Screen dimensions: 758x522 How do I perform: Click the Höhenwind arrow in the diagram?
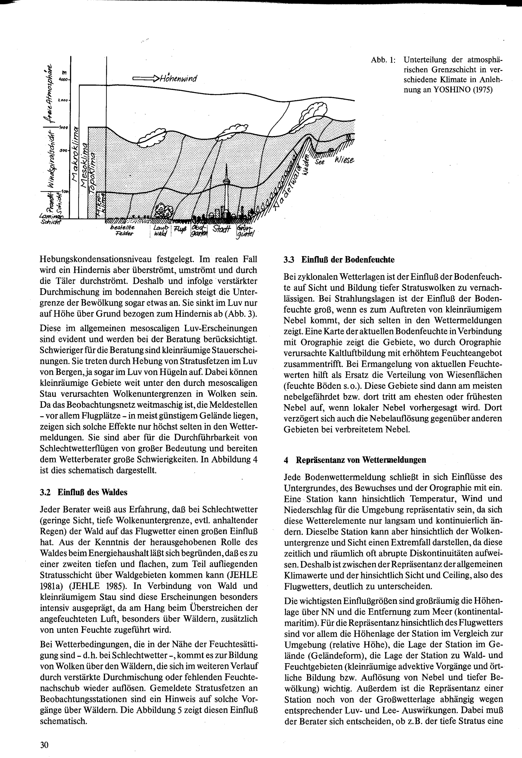pos(146,79)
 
